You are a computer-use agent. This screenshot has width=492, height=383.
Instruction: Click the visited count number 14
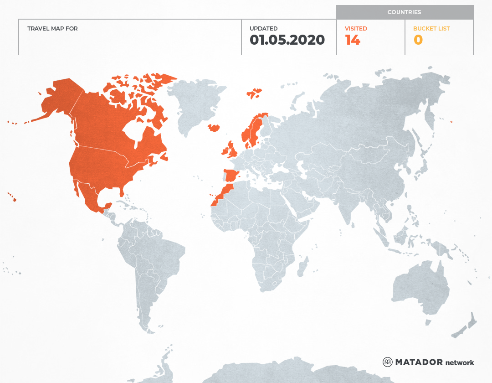point(353,40)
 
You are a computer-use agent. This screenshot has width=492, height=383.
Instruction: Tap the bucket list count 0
point(418,40)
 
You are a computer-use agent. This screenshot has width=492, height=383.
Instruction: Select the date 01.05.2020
point(287,40)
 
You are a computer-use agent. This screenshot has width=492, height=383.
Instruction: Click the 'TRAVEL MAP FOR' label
point(52,29)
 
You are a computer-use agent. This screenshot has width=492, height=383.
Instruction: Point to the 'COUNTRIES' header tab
point(404,12)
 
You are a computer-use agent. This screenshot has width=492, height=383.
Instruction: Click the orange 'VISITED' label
point(356,29)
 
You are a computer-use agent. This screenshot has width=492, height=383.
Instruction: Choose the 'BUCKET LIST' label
point(431,29)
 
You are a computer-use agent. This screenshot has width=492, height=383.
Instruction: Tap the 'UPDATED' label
point(263,29)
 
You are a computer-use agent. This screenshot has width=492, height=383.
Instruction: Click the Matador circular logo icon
point(387,362)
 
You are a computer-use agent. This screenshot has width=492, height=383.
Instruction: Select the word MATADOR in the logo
point(419,362)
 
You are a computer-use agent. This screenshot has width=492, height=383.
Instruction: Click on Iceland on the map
point(214,128)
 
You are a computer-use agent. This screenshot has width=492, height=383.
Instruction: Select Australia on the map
point(419,285)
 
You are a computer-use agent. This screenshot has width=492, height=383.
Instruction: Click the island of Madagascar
point(302,267)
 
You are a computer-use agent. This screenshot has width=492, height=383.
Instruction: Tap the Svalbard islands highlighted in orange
point(254,93)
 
